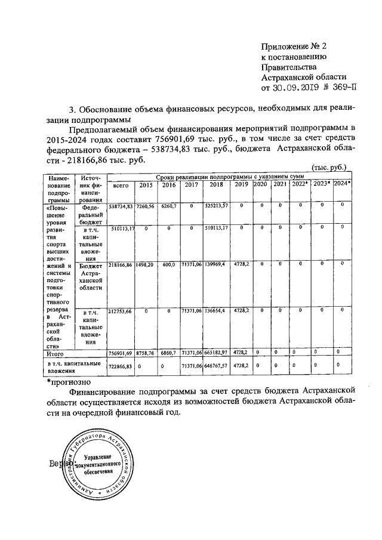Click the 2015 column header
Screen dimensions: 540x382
pyautogui.click(x=146, y=186)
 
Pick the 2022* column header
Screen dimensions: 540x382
pyautogui.click(x=300, y=184)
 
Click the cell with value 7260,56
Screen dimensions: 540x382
pyautogui.click(x=146, y=206)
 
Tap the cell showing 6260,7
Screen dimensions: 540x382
pyautogui.click(x=169, y=206)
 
